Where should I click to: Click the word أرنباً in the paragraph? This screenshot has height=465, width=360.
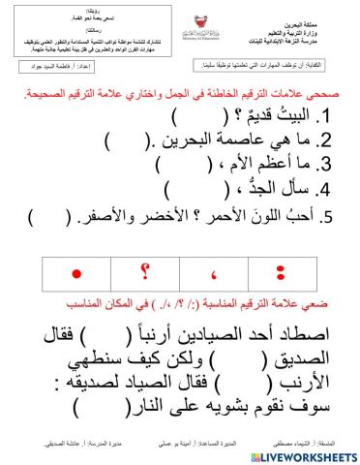(141, 312)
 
